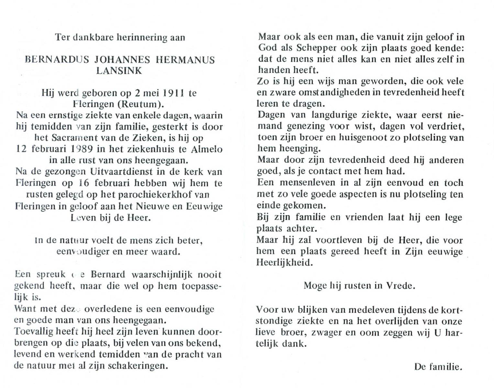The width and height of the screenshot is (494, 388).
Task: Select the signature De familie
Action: [x=438, y=367]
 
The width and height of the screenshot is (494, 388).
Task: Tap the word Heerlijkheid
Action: [x=284, y=263]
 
